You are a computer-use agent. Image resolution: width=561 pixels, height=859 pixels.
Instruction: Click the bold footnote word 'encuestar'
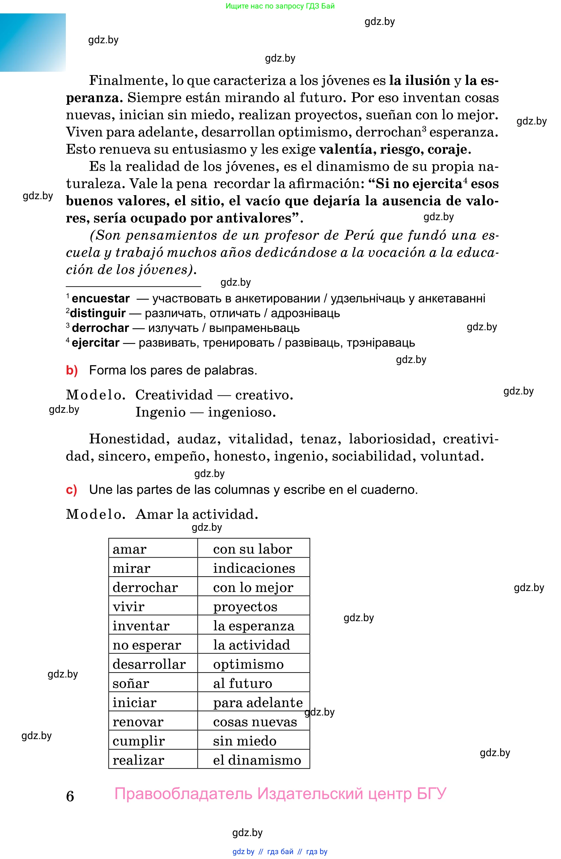[101, 299]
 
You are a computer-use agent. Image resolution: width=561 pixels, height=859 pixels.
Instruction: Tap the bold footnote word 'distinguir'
[98, 313]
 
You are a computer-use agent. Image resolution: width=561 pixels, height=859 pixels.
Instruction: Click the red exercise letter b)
[72, 371]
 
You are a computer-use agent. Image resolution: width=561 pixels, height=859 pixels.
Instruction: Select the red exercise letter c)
[71, 490]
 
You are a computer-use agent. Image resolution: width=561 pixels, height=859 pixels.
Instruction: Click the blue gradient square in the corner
[33, 42]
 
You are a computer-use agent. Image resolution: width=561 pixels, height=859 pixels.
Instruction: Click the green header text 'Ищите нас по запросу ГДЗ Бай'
[280, 6]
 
